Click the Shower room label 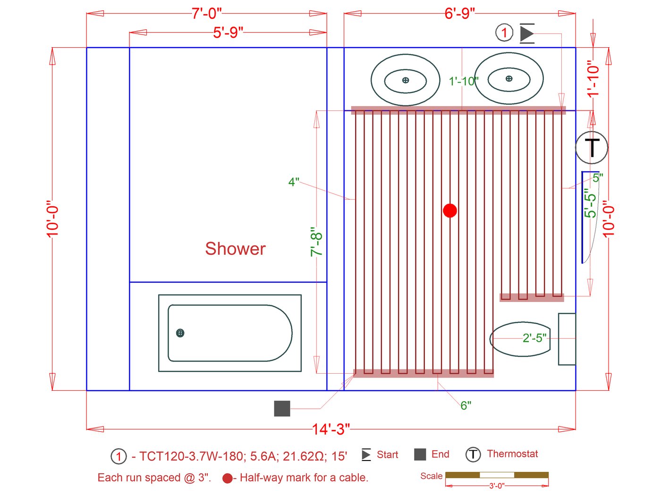235,249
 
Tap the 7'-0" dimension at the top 207,14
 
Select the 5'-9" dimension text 228,33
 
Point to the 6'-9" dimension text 459,14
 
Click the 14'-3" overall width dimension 330,429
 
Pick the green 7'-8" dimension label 316,242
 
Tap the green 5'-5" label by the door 590,203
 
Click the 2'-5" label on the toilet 534,338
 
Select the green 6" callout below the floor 466,405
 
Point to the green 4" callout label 294,182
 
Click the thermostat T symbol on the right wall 592,147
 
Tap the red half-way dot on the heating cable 450,210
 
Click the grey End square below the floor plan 282,408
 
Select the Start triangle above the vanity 527,34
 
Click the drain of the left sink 406,80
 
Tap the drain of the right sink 509,78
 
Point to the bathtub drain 180,333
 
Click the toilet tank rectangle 567,339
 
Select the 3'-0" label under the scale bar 497,486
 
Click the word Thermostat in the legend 512,453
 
